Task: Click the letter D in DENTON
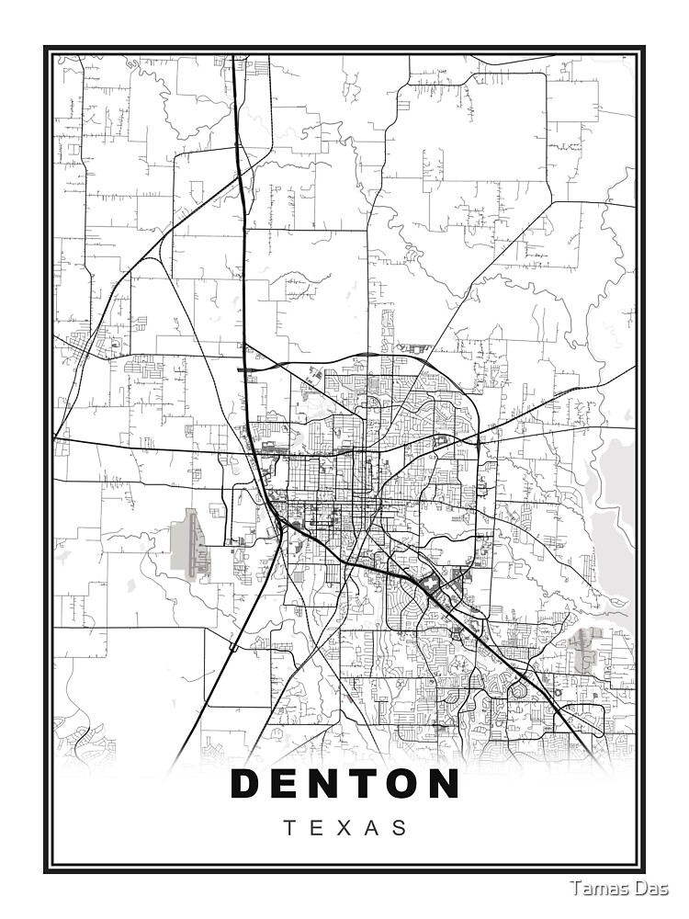(x=247, y=784)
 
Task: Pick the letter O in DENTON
(x=403, y=784)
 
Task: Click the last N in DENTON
(x=443, y=784)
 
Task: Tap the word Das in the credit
(x=655, y=888)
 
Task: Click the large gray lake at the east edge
(x=616, y=515)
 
